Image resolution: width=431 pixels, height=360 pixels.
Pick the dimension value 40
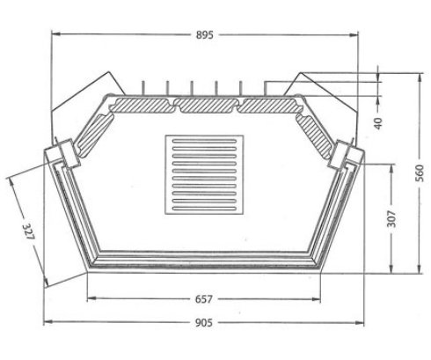click(x=378, y=122)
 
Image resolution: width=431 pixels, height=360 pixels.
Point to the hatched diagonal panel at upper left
click(x=94, y=131)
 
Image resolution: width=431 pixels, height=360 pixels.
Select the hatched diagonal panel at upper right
click(x=318, y=131)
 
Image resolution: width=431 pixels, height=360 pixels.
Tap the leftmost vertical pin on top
click(x=142, y=87)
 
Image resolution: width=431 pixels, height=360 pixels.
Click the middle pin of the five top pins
click(x=191, y=87)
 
